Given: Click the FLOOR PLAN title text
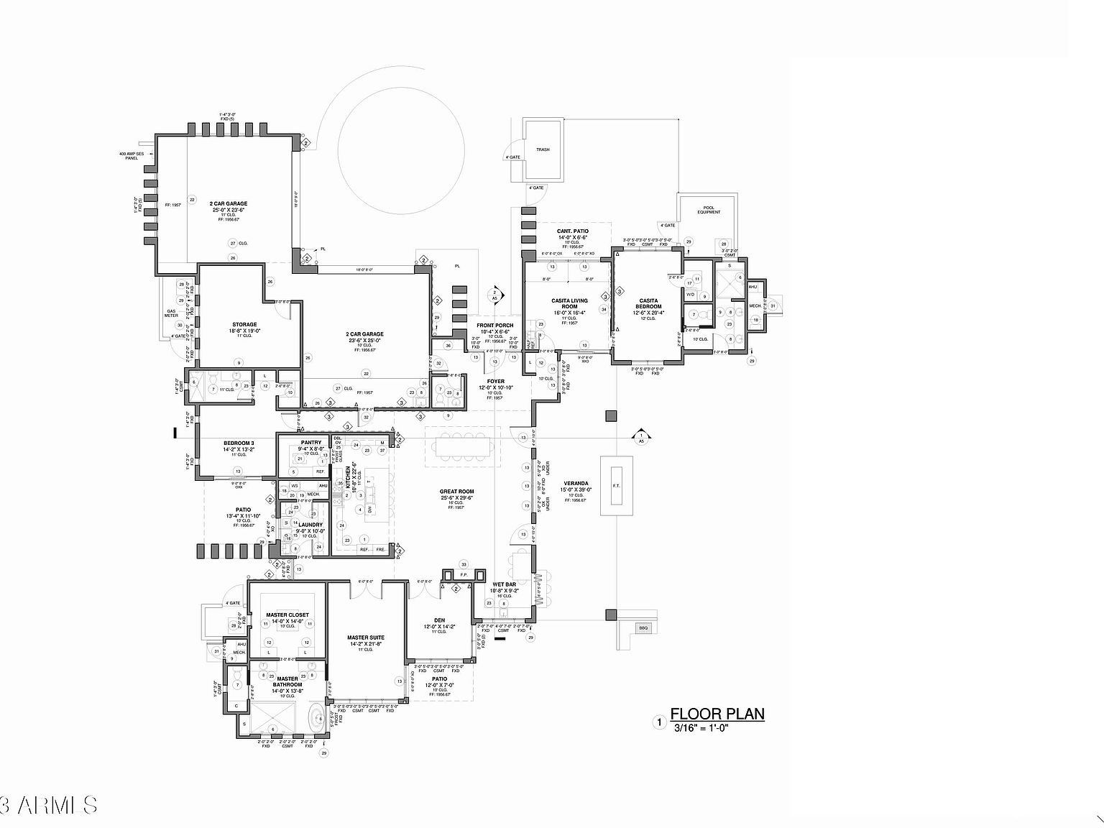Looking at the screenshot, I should click(717, 714).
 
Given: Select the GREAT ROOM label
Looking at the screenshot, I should click(456, 492).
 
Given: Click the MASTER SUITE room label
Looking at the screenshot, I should click(365, 638).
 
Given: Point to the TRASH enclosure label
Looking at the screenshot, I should click(543, 149).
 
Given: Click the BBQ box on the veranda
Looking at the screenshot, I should click(643, 628).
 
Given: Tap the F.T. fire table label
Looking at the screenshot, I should click(616, 485).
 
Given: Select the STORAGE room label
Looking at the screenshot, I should click(244, 324).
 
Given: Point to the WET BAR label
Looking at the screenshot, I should click(504, 584).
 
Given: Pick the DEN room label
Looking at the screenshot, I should click(439, 620).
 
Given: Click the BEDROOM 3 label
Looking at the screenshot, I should click(239, 443).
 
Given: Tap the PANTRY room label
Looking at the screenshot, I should click(311, 442).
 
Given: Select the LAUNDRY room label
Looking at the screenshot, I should click(310, 525).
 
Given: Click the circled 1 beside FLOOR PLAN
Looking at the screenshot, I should click(659, 722).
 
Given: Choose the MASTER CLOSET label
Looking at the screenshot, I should click(287, 615).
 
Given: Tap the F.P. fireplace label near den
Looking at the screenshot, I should click(464, 575).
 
